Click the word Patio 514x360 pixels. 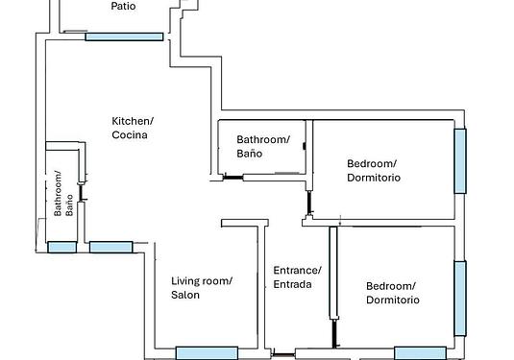click(123, 6)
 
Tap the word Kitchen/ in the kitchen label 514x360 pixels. click(133, 121)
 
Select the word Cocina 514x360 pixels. click(130, 135)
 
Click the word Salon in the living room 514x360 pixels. click(185, 295)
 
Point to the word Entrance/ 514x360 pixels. click(297, 271)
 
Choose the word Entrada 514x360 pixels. click(292, 284)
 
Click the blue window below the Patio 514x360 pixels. click(124, 36)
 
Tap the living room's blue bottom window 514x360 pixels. click(207, 353)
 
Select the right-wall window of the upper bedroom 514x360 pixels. click(460, 161)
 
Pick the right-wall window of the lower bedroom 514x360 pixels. click(460, 299)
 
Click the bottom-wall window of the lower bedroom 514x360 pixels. click(420, 353)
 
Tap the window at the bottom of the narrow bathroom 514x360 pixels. click(61, 247)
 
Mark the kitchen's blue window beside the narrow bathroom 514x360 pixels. click(111, 247)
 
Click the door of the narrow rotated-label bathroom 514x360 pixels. click(81, 192)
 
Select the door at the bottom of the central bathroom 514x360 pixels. click(233, 178)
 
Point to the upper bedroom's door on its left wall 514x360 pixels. click(309, 203)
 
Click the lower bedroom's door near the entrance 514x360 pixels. click(334, 333)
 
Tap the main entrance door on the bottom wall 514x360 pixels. click(283, 355)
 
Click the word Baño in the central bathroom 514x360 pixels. click(250, 154)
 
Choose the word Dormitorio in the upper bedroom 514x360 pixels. click(374, 178)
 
